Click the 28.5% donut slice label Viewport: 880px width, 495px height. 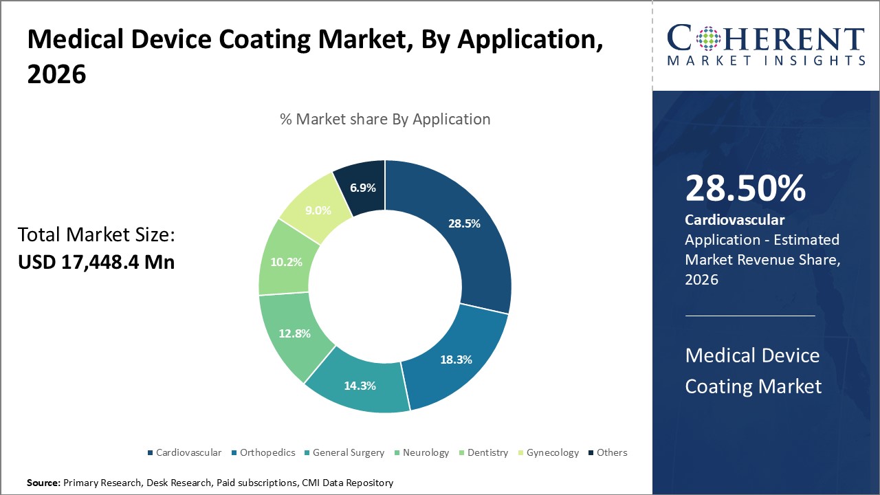pos(465,223)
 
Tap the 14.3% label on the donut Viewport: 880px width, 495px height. pos(360,386)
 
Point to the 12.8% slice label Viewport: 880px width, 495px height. pos(295,333)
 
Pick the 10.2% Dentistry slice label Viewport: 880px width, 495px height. pos(287,262)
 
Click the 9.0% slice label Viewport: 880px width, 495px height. pos(318,210)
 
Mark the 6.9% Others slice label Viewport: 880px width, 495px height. pos(362,186)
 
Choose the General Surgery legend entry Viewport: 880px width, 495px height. pos(346,452)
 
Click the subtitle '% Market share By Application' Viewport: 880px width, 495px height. pos(385,119)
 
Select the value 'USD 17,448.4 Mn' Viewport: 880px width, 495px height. pos(96,262)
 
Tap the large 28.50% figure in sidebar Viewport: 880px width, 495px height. pos(745,188)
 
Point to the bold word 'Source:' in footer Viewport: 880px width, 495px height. pos(43,483)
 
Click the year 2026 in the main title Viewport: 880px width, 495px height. pos(56,74)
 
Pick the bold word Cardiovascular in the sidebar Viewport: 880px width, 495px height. pos(734,220)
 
